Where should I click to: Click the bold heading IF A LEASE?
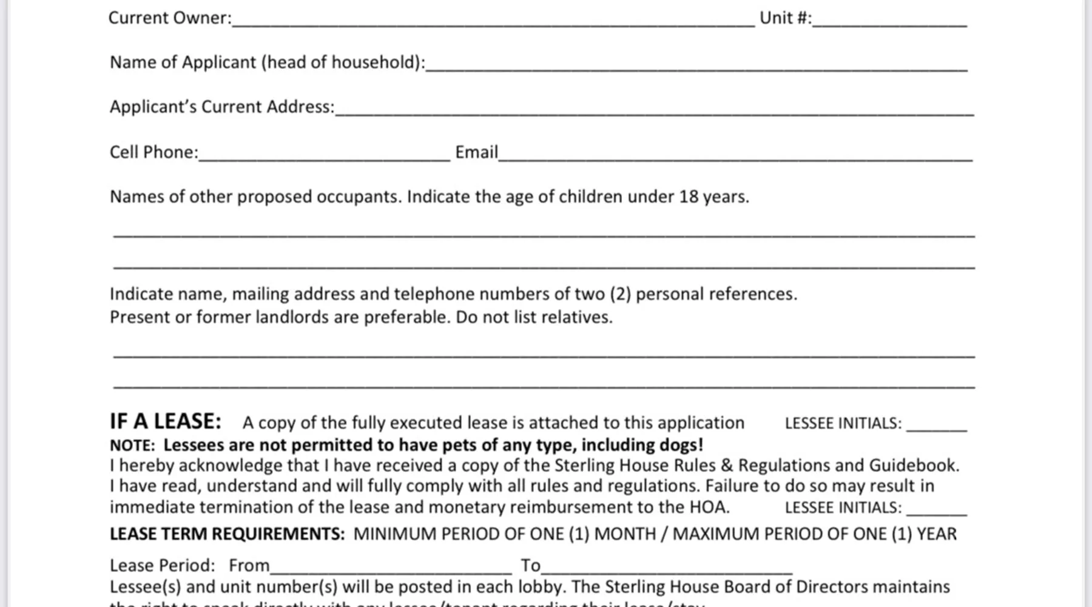pos(166,421)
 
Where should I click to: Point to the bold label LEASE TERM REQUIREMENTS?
pos(227,534)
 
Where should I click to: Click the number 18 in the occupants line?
pos(689,197)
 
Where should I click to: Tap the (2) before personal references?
pos(621,294)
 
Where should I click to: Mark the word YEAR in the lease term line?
pos(936,534)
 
